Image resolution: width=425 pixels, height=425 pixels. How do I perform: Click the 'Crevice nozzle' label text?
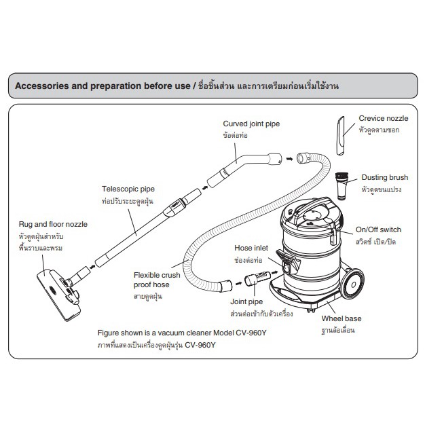(x=384, y=118)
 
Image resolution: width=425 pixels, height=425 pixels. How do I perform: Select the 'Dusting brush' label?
(x=384, y=177)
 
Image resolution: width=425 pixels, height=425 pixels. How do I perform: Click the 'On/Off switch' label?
(x=378, y=229)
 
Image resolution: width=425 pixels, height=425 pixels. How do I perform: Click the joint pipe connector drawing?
(x=257, y=278)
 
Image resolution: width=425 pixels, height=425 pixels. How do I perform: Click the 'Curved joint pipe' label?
(x=251, y=124)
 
